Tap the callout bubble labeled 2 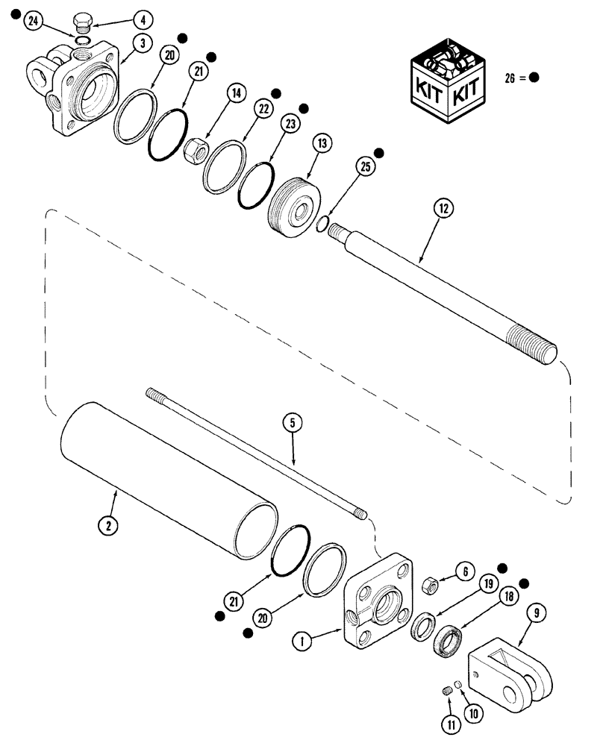pos(109,525)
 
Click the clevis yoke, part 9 pos(512,671)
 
